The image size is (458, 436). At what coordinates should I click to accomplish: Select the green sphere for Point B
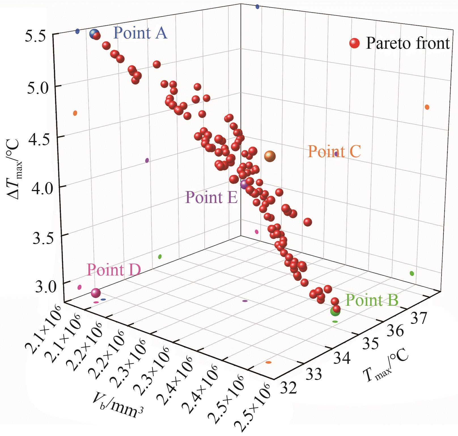click(335, 311)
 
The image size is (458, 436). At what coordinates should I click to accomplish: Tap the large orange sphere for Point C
click(270, 156)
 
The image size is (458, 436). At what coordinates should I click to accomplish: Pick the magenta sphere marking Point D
click(96, 293)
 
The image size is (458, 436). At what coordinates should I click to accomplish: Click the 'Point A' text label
click(140, 33)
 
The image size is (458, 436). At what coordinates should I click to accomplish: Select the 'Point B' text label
click(372, 300)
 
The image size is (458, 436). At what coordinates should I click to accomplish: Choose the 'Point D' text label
click(114, 270)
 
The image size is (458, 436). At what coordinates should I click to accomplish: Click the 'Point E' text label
click(211, 197)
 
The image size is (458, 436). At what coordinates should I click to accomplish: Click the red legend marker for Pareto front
click(354, 43)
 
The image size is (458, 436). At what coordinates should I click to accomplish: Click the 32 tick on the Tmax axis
click(288, 388)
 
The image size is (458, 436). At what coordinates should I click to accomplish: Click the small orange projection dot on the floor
click(268, 362)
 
